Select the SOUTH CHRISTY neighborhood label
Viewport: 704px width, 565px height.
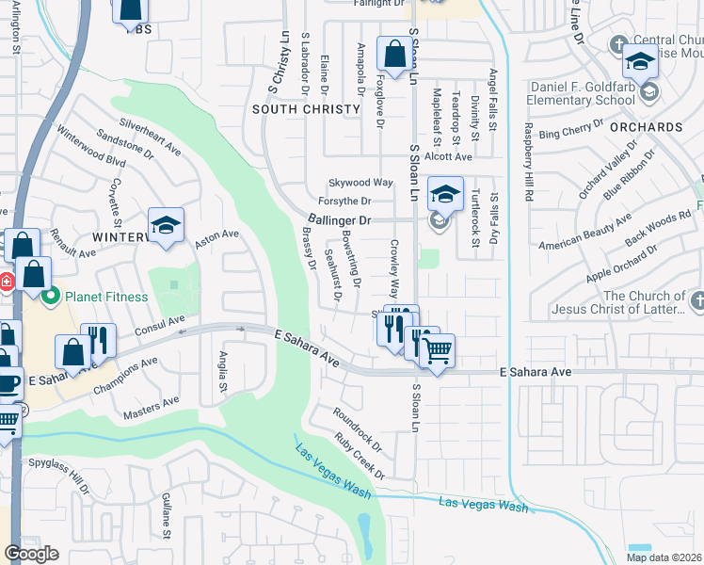point(307,109)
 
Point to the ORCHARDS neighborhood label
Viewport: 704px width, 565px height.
point(646,126)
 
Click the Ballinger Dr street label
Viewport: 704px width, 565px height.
point(340,219)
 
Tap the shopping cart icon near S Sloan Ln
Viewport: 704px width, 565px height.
point(437,351)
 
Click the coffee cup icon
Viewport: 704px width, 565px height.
point(8,384)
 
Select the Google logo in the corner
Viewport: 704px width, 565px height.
point(31,554)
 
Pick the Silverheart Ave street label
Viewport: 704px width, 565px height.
point(150,136)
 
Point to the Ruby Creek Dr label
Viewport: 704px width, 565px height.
point(360,456)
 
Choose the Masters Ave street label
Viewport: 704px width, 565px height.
point(152,407)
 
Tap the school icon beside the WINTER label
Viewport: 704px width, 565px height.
point(166,225)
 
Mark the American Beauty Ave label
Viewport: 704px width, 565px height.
point(585,233)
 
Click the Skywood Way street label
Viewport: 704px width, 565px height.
point(360,182)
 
